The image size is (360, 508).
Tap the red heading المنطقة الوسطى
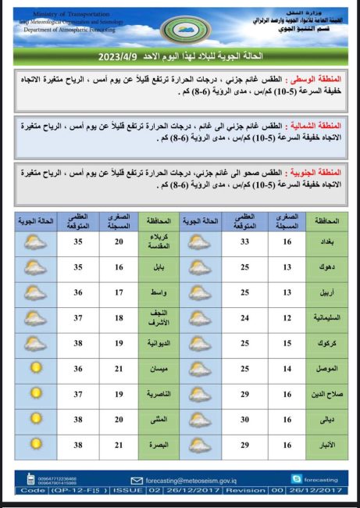click(x=316, y=79)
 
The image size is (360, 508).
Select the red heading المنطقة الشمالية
click(x=313, y=125)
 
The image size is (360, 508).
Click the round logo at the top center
click(x=179, y=30)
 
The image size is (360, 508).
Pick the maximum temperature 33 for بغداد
click(x=244, y=241)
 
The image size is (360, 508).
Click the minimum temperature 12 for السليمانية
click(x=287, y=317)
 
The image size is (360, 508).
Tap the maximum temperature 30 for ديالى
click(x=244, y=419)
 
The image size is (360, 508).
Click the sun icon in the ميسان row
click(x=35, y=368)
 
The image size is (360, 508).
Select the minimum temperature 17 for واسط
click(x=119, y=292)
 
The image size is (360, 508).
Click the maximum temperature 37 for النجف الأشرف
click(x=78, y=317)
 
